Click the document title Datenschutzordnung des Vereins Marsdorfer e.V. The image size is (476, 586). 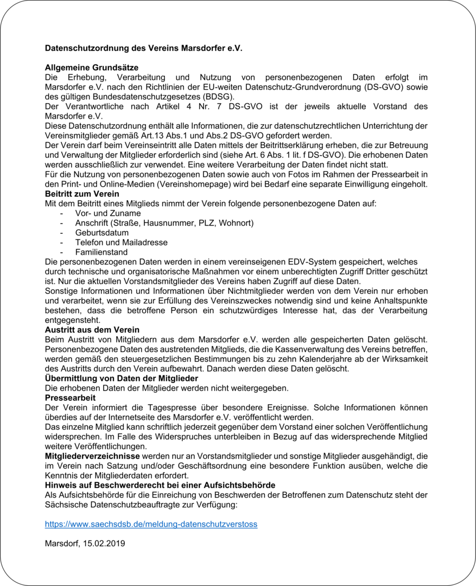(143, 48)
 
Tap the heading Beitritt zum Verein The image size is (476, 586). (82, 194)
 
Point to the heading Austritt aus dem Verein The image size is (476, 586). (92, 329)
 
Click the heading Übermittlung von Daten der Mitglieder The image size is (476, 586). (121, 378)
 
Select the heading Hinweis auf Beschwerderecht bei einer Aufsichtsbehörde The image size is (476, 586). (160, 485)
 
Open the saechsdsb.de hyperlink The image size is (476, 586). (151, 524)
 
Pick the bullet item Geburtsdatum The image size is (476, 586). (102, 233)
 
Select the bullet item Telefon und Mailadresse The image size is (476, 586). (121, 243)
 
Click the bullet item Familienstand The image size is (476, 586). (101, 252)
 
